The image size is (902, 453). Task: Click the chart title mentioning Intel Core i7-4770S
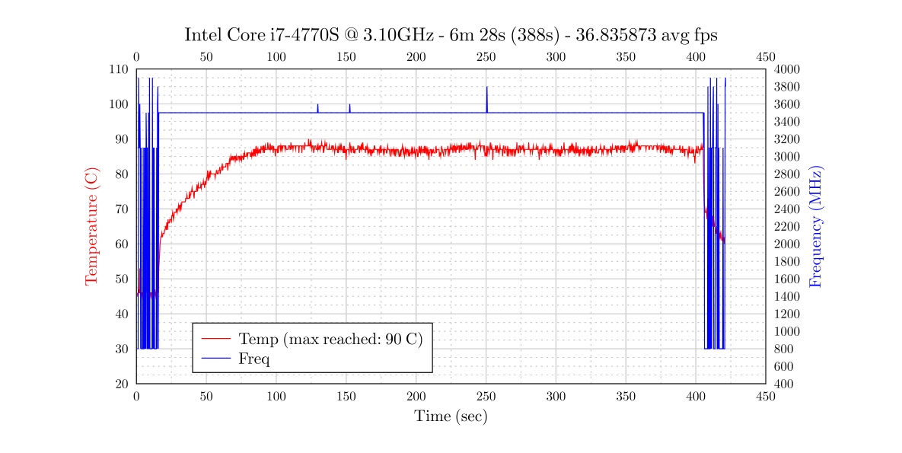[451, 36]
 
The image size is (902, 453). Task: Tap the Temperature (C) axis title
[91, 227]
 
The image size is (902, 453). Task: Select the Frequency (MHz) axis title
[816, 227]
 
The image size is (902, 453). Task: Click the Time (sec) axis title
[451, 416]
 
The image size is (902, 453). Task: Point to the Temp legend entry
[330, 339]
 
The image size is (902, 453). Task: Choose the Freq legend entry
[253, 359]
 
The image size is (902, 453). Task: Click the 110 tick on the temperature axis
[120, 69]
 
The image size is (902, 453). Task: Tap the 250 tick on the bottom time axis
[486, 397]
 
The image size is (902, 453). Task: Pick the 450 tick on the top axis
[765, 57]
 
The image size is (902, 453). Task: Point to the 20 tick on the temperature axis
[122, 384]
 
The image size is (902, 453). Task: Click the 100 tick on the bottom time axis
[276, 397]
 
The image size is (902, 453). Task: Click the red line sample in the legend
[215, 339]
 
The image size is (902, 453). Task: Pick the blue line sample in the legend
[215, 359]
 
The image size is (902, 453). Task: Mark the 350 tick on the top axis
[626, 57]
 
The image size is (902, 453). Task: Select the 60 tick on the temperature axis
[122, 244]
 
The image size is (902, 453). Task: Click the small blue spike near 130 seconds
[317, 107]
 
